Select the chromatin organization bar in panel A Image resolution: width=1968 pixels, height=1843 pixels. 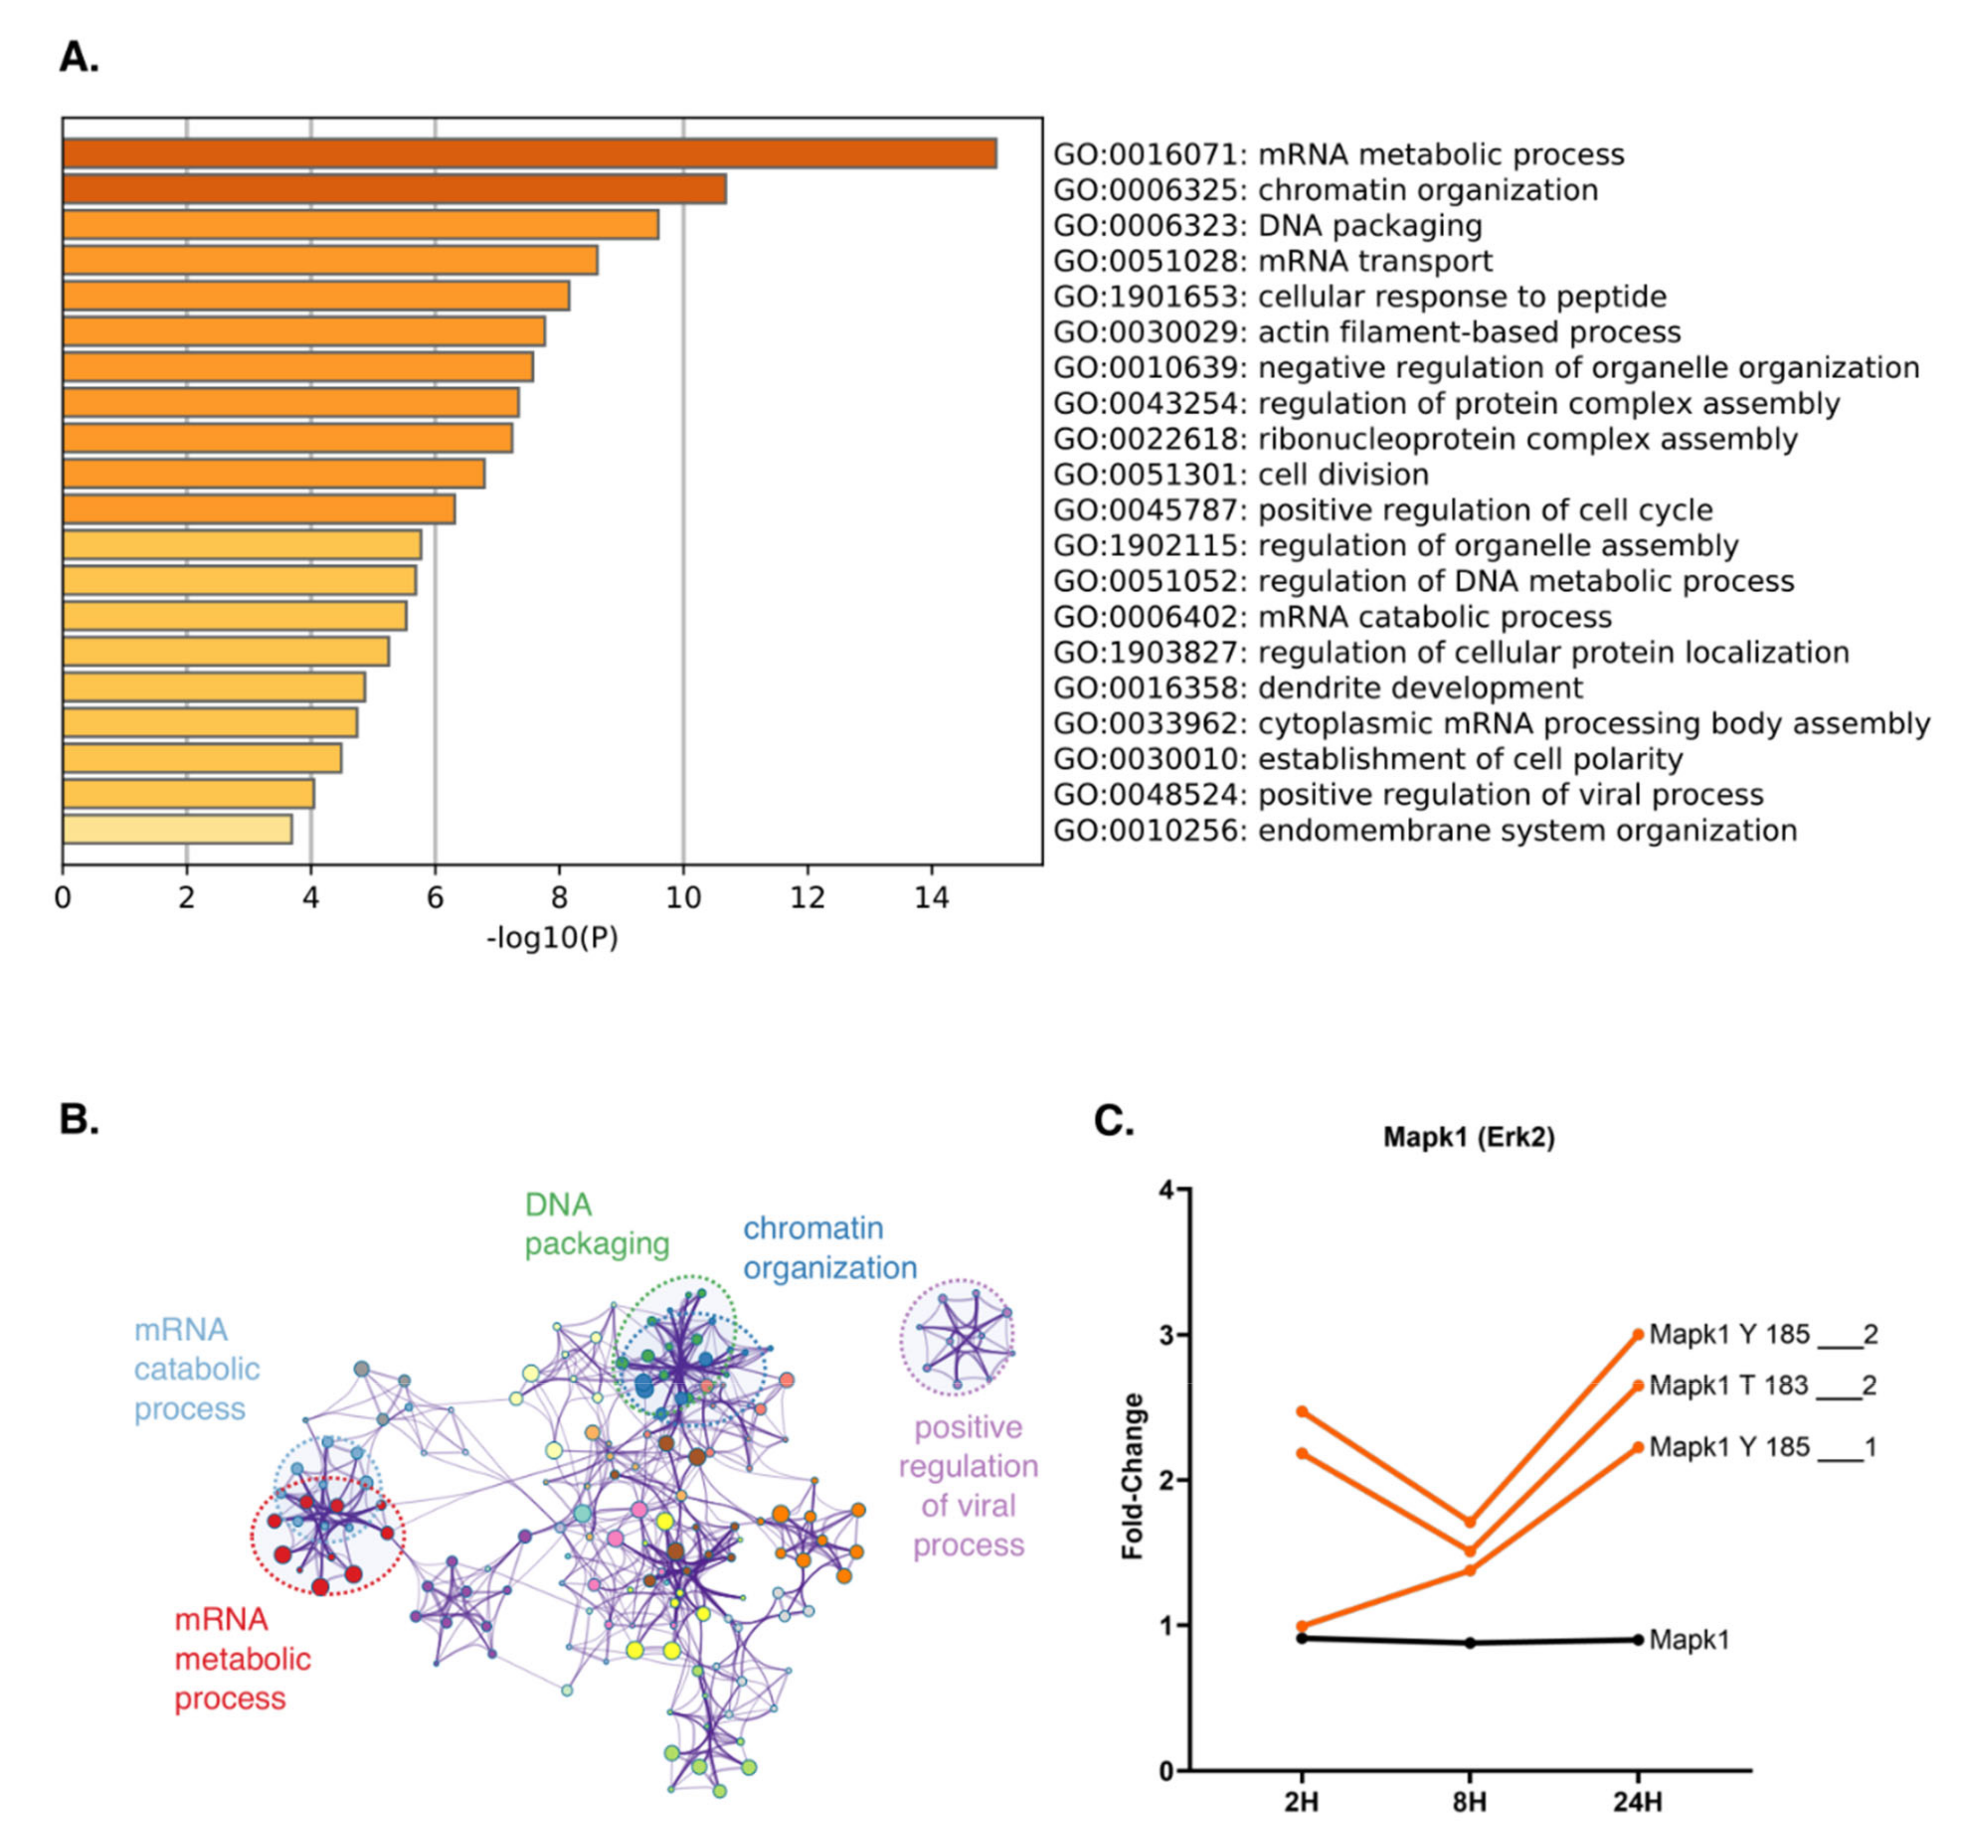pos(394,189)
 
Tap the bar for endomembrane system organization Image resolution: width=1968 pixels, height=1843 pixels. pos(177,830)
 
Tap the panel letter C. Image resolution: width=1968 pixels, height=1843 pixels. pos(1113,1121)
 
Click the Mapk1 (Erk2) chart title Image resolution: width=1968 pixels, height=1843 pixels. pos(1468,1137)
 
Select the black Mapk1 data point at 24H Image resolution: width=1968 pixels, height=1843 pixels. pos(1637,1640)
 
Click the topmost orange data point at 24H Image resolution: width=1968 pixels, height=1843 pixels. pos(1637,1334)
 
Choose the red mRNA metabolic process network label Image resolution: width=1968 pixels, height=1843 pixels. pos(243,1659)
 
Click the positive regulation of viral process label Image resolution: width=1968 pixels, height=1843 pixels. pos(967,1487)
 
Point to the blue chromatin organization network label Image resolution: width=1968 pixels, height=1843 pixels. pos(830,1248)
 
